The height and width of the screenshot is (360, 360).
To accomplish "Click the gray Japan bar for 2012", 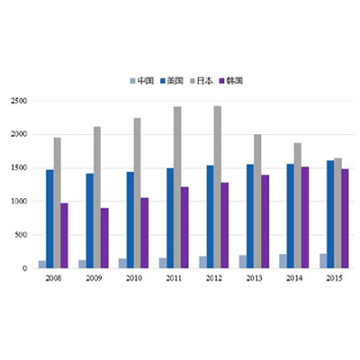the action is point(218,187).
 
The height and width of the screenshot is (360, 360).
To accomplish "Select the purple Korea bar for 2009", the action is point(104,238).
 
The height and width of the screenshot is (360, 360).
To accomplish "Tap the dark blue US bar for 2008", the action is point(49,219).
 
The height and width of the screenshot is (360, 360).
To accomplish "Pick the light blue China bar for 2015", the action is point(323,261).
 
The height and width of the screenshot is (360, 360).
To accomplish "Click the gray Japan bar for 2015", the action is point(337,213).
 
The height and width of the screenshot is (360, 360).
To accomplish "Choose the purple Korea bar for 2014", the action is point(305,218).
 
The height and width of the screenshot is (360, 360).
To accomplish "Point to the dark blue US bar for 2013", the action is point(250,216).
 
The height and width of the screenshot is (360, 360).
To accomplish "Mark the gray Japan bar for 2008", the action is point(57,202).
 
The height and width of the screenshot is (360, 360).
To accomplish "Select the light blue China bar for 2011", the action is point(163,263).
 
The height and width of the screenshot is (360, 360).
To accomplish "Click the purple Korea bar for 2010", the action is point(145,233).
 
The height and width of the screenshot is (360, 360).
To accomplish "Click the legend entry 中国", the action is point(142,80).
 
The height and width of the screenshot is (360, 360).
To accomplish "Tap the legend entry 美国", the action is point(172,80).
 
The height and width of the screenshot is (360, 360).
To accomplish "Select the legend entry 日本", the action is point(202,80).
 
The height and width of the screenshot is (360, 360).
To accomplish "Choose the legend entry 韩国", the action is point(231,80).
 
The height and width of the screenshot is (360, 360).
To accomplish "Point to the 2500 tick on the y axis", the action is point(19,101).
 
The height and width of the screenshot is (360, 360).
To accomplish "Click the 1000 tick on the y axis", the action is point(19,202).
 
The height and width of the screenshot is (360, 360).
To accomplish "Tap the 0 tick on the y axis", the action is point(24,268).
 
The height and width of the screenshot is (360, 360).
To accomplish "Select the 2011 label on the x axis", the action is point(174,278).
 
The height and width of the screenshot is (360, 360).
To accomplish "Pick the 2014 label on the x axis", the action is point(294,278).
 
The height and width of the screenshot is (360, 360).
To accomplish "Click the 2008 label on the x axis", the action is point(53,278).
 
